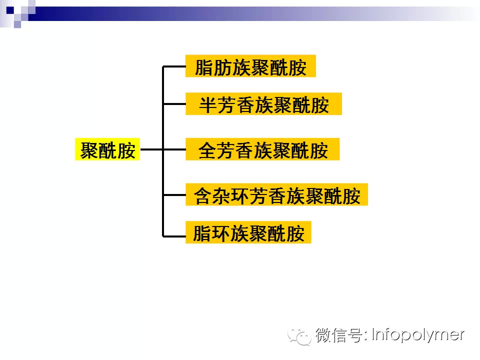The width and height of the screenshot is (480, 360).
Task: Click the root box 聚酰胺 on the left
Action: [x=107, y=149]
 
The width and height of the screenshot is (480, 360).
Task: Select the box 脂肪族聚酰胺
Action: [x=250, y=66]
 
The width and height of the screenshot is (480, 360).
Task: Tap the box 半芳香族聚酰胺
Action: [x=263, y=104]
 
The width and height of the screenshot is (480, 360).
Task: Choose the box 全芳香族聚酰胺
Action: [x=262, y=149]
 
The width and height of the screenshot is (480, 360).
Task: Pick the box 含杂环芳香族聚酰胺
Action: [x=276, y=194]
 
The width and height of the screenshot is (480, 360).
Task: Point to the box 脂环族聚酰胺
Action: [x=248, y=232]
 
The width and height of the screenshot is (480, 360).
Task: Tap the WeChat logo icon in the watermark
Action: [x=303, y=336]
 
